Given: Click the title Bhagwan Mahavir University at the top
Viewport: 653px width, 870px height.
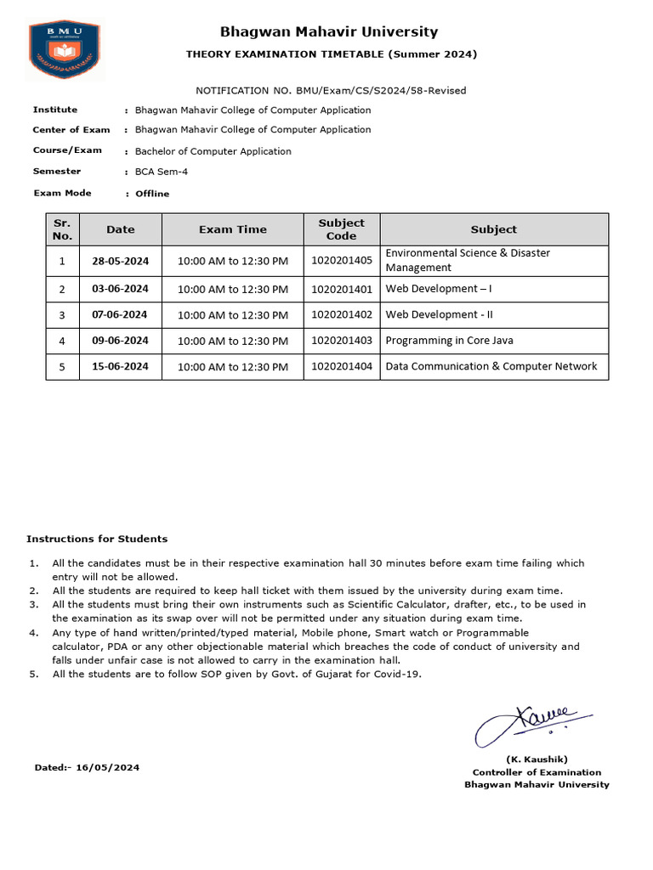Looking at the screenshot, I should (329, 32).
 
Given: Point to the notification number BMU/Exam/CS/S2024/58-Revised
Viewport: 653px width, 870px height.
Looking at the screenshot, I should (331, 90).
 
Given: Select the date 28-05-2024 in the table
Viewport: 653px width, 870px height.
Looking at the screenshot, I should (120, 261).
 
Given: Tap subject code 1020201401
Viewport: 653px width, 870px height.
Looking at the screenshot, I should (342, 289).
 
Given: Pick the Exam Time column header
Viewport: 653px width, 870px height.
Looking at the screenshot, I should (232, 229).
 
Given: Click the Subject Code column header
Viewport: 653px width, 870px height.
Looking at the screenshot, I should (342, 229).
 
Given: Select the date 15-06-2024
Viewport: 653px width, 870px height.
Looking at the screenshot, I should (120, 367).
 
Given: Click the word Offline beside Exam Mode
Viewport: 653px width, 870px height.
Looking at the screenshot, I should (152, 194).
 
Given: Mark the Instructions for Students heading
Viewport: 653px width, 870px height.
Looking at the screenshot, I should (97, 539).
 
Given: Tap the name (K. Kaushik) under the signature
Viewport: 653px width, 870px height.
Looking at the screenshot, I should (537, 759).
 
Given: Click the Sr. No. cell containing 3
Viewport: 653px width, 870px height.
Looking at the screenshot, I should (62, 315).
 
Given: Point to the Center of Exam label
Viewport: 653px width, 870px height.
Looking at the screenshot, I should (71, 130).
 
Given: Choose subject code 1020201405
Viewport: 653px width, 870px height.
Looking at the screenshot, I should (342, 261).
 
